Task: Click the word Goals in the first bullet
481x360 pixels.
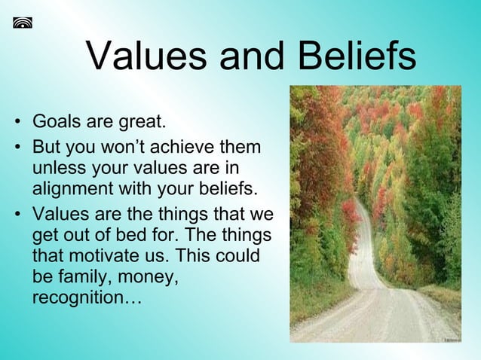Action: (x=57, y=121)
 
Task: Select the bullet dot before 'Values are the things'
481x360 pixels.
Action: (x=16, y=215)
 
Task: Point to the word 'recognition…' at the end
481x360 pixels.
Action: (x=87, y=298)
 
